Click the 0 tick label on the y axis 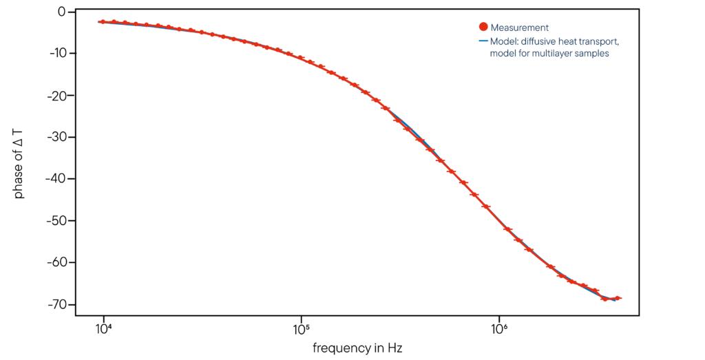tap(61, 12)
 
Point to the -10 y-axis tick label tap(56, 54)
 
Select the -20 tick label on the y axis tap(56, 95)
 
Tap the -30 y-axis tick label tap(56, 137)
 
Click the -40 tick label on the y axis tap(56, 179)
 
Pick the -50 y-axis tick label tap(56, 221)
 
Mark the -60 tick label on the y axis tap(56, 262)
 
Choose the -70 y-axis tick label tap(56, 304)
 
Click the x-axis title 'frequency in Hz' tap(357, 348)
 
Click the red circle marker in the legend tap(483, 28)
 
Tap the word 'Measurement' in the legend tap(520, 28)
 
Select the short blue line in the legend tap(483, 41)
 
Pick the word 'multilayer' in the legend tap(551, 54)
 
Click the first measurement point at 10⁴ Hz tap(103, 22)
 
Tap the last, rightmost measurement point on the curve tap(618, 298)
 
